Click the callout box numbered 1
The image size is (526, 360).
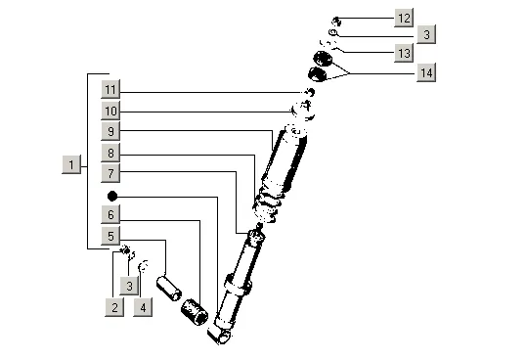click(71, 164)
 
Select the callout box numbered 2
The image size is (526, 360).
click(114, 307)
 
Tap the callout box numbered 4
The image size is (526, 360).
click(143, 307)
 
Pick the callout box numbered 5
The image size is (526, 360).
click(110, 236)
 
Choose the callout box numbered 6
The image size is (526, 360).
click(110, 214)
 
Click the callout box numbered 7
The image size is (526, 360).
click(110, 173)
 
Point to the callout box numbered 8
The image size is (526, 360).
click(110, 153)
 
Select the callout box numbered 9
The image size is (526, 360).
click(110, 131)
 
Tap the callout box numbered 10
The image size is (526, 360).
click(110, 111)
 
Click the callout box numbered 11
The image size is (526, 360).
click(110, 89)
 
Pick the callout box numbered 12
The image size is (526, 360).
click(404, 18)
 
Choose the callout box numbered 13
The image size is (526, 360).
click(404, 53)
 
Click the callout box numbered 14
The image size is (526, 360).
click(426, 72)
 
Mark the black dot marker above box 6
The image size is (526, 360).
click(112, 196)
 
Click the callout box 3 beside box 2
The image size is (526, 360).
click(129, 286)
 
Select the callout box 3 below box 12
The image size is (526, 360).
click(426, 34)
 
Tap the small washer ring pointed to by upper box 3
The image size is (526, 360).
click(333, 32)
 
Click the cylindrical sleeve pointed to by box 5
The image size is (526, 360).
click(169, 289)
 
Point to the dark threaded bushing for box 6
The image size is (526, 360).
click(195, 312)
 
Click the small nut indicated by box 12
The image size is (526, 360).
click(336, 22)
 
